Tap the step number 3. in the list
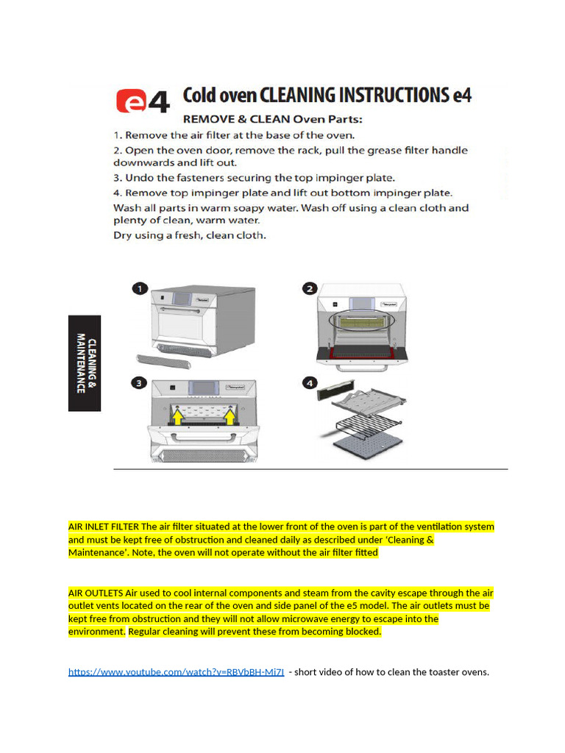118,178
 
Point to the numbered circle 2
310,289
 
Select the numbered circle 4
310,382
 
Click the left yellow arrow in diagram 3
177,418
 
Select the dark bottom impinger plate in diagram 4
368,445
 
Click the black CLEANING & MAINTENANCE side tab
85,363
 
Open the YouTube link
176,672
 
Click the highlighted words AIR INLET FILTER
103,527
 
